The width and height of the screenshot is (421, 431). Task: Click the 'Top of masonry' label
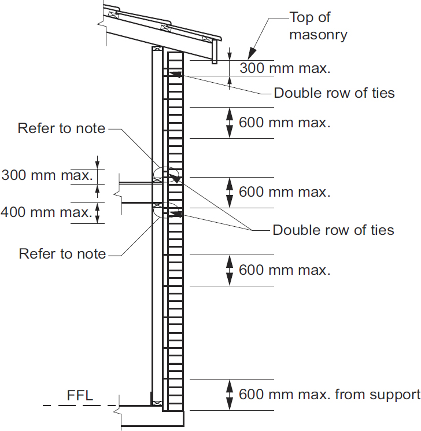(x=318, y=26)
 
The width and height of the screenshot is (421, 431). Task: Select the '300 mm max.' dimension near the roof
(x=285, y=68)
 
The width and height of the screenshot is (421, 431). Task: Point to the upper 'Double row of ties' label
(x=334, y=93)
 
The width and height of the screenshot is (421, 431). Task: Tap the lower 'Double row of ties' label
(x=333, y=230)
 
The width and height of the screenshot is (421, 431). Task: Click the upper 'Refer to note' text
(x=62, y=128)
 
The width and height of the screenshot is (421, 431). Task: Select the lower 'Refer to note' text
(x=62, y=253)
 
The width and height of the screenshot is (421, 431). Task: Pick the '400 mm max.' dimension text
(x=46, y=212)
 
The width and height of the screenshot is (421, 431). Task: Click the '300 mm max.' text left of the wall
(x=47, y=174)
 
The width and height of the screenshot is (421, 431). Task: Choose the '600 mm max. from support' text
(x=329, y=395)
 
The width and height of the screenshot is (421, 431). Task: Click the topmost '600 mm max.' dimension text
(x=285, y=123)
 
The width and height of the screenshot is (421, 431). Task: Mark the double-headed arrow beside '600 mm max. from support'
(x=230, y=395)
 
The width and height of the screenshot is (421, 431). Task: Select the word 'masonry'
(x=318, y=35)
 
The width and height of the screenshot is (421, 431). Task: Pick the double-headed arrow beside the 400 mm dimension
(x=97, y=212)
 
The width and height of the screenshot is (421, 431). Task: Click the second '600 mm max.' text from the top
(x=285, y=191)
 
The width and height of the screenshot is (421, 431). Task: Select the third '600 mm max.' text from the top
(x=285, y=270)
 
